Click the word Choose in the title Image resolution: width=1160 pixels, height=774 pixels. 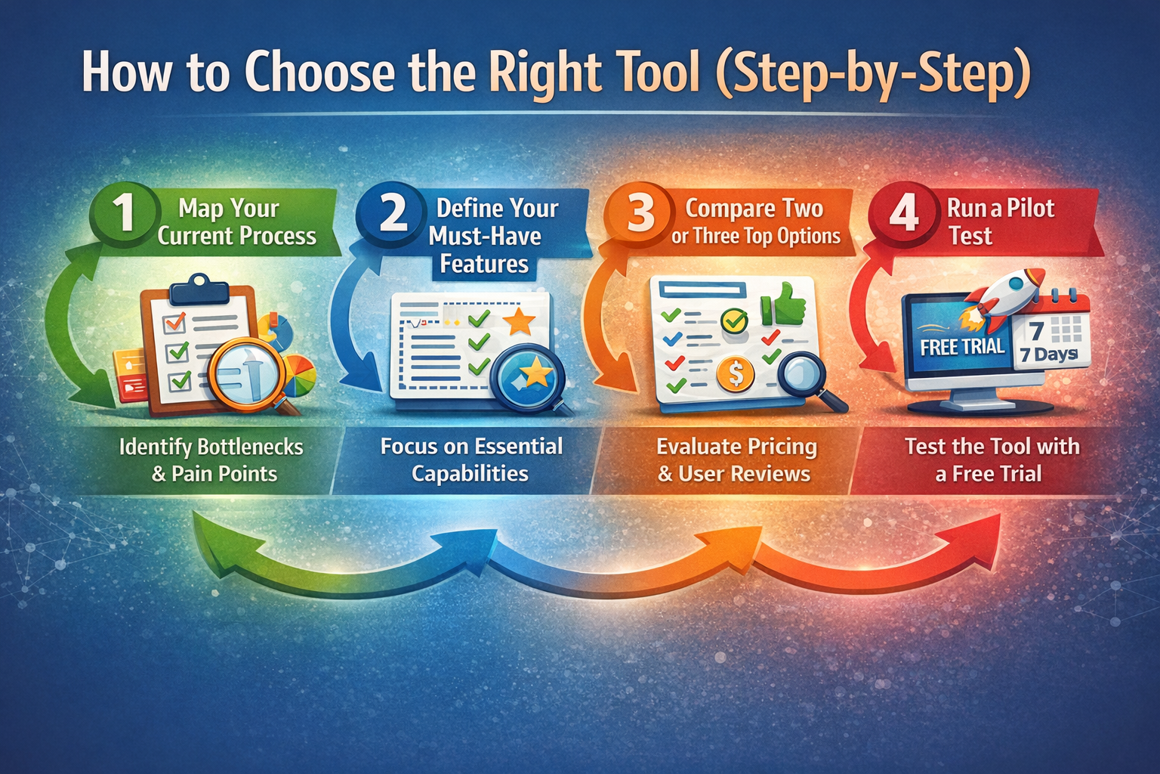[x=319, y=73]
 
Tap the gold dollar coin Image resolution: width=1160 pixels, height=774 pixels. [x=736, y=373]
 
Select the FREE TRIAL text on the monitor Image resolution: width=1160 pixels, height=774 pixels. [x=962, y=347]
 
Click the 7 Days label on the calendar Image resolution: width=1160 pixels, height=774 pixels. [x=1049, y=354]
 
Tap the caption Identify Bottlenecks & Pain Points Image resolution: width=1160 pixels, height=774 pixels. [x=211, y=460]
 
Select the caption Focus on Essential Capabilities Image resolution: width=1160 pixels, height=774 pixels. [x=471, y=460]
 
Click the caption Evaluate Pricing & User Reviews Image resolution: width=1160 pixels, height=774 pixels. [x=736, y=460]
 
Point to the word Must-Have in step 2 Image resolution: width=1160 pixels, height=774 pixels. [x=485, y=236]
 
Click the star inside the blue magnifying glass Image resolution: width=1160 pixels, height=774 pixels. [x=536, y=372]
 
